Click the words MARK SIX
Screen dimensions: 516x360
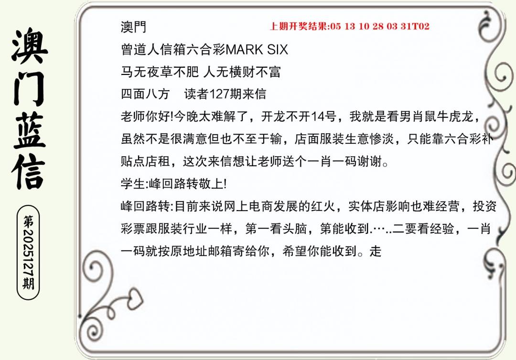(x=257, y=50)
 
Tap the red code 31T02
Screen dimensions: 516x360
(x=415, y=26)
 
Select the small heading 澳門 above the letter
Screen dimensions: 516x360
(x=133, y=27)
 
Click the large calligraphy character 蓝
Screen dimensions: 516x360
(x=29, y=130)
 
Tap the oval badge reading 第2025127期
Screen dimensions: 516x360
(x=28, y=253)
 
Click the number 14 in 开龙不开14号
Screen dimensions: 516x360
(x=318, y=116)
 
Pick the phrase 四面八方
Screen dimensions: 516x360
(x=145, y=94)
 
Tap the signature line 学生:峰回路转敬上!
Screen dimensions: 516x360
(x=173, y=183)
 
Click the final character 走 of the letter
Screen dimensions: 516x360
(x=376, y=251)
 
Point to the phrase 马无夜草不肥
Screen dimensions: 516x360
(x=160, y=72)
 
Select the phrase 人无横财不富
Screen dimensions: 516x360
(x=242, y=72)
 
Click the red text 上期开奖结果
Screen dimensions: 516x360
(x=299, y=26)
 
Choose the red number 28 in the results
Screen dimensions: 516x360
(x=378, y=26)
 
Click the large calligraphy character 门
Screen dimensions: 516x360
(x=29, y=88)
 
